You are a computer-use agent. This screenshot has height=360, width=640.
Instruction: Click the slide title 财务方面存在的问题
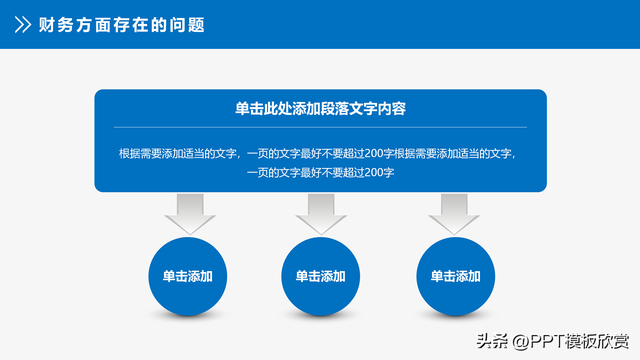(x=121, y=25)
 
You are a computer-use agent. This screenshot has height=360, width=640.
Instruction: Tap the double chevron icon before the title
(x=21, y=25)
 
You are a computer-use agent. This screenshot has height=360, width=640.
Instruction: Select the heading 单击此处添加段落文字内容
(x=320, y=109)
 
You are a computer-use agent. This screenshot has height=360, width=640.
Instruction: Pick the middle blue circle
(x=321, y=276)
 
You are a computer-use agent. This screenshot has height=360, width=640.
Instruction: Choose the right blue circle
(x=455, y=276)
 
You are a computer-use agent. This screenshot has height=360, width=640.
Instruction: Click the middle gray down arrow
(x=321, y=212)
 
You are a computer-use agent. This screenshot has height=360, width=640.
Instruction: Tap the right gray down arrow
(x=455, y=212)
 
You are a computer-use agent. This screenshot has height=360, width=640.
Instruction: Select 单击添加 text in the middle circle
(x=321, y=276)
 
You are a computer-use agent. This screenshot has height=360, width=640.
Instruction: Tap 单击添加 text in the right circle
(x=455, y=276)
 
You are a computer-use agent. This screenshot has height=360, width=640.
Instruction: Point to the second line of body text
(x=320, y=172)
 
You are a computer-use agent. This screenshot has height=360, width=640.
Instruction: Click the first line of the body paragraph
(x=320, y=153)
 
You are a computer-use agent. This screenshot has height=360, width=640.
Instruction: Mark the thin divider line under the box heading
(x=320, y=127)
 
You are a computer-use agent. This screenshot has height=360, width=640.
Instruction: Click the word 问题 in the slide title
(x=187, y=25)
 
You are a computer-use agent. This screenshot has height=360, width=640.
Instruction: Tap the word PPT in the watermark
(x=546, y=340)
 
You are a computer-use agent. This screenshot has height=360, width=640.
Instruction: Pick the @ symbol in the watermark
(x=520, y=340)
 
